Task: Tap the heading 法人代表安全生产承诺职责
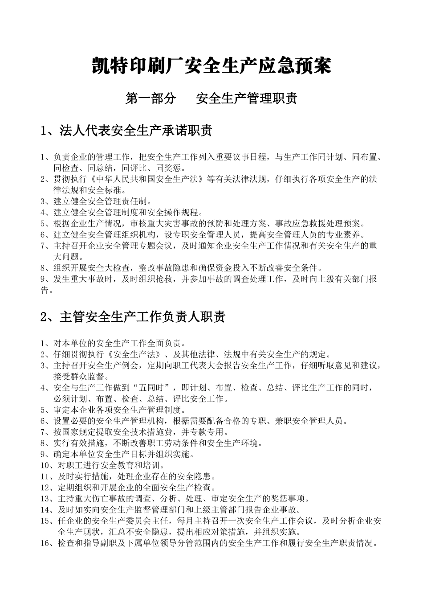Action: click(135, 131)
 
